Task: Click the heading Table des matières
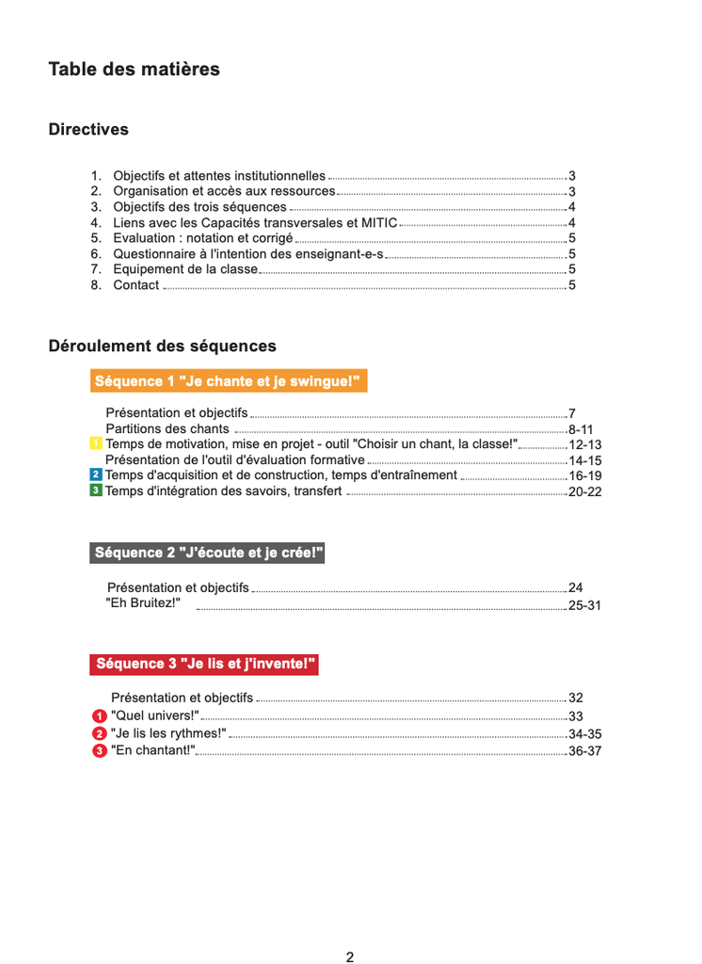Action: point(134,70)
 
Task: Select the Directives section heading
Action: point(88,130)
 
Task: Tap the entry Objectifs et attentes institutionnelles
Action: point(219,176)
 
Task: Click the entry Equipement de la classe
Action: point(184,269)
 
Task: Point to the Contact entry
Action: point(136,285)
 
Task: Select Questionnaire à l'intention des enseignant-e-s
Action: point(248,254)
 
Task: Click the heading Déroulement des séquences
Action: point(162,346)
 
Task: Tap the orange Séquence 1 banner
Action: point(228,381)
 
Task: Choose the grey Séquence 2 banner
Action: point(207,553)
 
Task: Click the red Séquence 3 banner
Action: point(204,664)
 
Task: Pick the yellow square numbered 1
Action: point(95,443)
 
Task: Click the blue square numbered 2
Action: point(95,475)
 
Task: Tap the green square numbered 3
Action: point(95,490)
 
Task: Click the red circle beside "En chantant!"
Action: point(100,750)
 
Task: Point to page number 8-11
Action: point(581,429)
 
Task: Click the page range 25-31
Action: point(584,605)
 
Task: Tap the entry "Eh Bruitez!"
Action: point(143,602)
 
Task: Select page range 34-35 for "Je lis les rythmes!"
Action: point(584,734)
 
